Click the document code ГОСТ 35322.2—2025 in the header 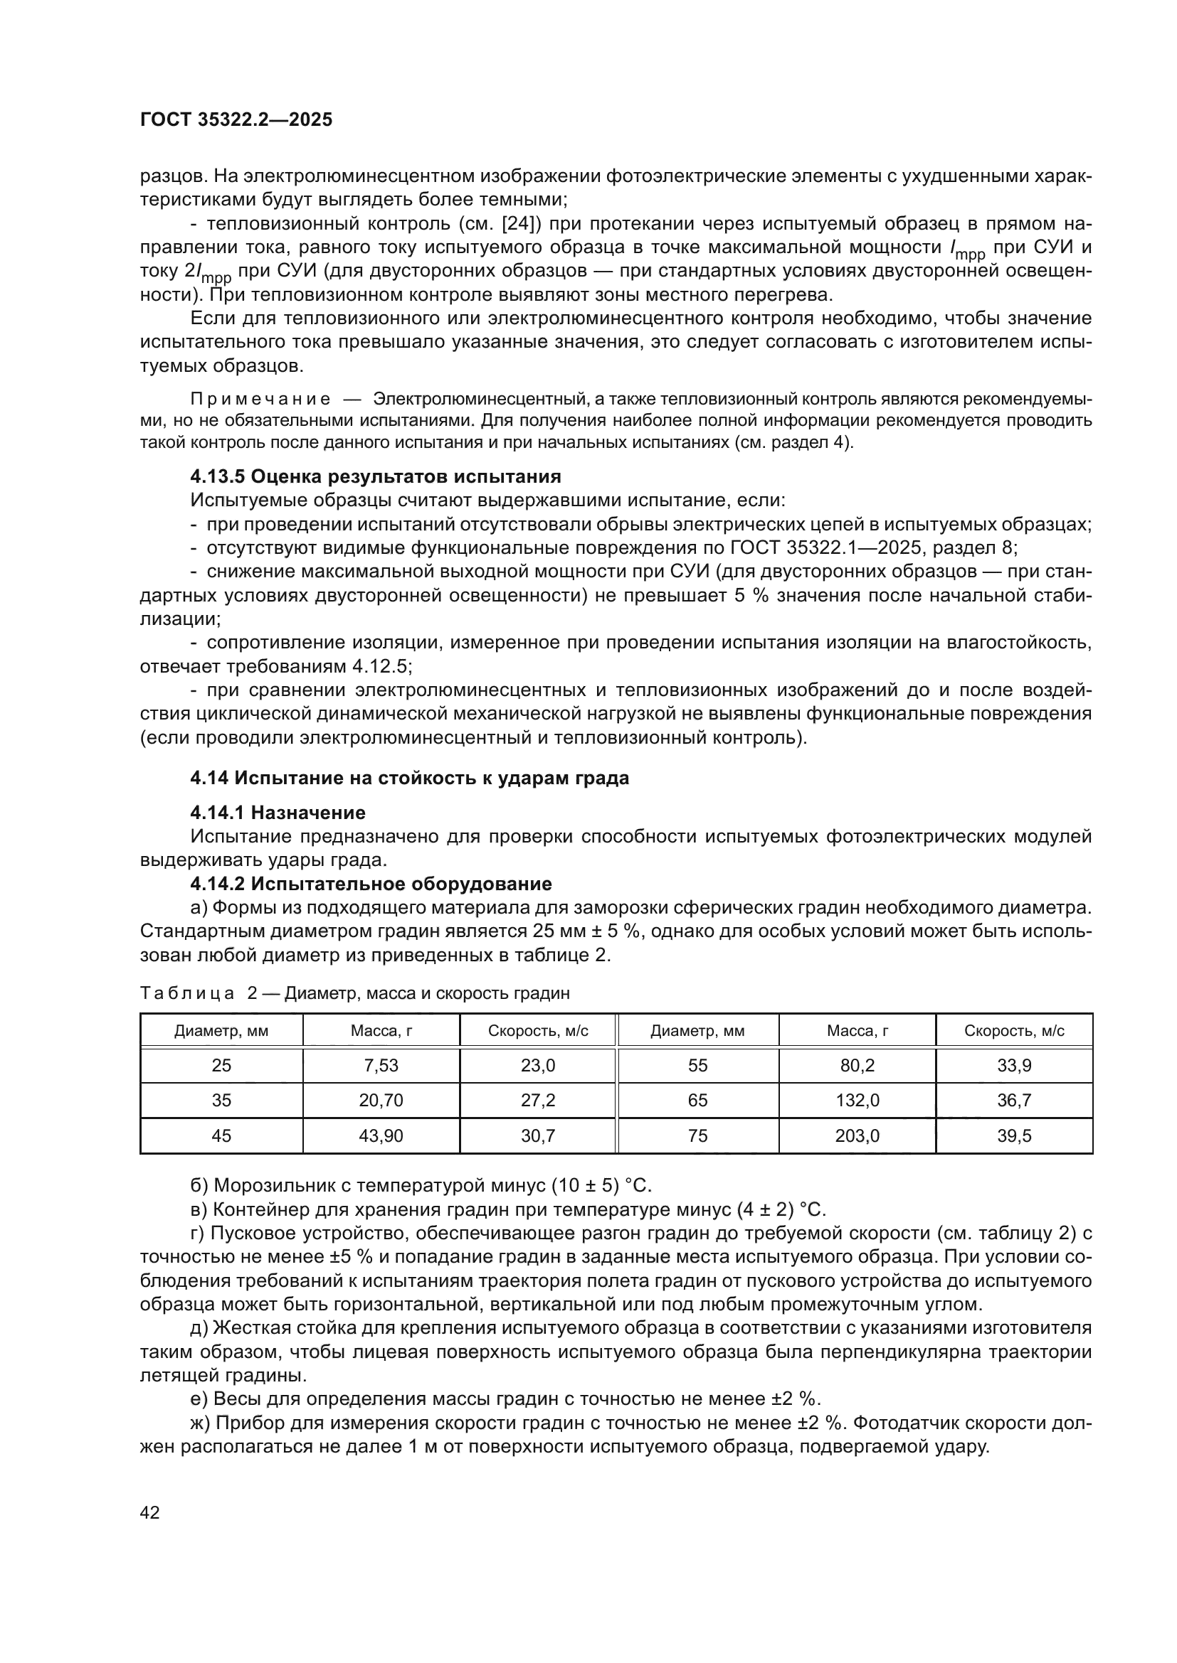(x=236, y=119)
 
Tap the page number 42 (x=150, y=1512)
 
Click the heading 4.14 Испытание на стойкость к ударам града (x=409, y=778)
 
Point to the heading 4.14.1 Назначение (x=278, y=813)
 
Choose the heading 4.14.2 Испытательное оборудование (x=370, y=884)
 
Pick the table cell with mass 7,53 (x=381, y=1066)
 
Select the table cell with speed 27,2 (x=538, y=1100)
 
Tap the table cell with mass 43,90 (x=381, y=1135)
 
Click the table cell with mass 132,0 (x=857, y=1100)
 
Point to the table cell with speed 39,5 (x=1014, y=1135)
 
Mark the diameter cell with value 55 (x=697, y=1066)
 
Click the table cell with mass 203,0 (x=857, y=1135)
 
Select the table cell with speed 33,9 (x=1014, y=1066)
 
